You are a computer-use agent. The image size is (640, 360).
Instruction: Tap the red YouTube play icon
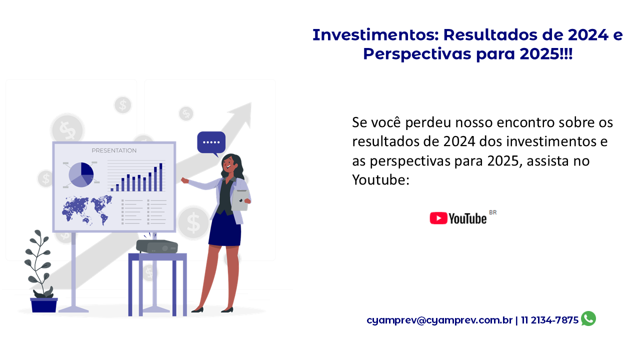[x=438, y=218]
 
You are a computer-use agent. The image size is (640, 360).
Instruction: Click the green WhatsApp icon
[x=588, y=318]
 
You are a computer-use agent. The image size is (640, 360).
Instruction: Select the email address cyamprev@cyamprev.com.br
[x=439, y=320]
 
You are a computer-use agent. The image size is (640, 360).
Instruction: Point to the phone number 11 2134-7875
[x=549, y=320]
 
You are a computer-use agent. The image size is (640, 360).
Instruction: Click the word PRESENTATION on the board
[x=114, y=150]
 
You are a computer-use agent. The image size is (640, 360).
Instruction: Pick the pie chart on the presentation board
[x=81, y=175]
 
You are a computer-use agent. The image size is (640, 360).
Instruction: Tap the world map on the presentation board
[x=87, y=210]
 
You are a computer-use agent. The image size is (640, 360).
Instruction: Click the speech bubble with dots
[x=211, y=143]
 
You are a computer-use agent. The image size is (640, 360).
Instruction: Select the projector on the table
[x=157, y=246]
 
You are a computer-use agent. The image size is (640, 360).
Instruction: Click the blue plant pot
[x=44, y=305]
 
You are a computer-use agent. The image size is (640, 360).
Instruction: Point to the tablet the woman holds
[x=239, y=200]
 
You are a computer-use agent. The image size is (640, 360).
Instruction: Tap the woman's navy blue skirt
[x=224, y=229]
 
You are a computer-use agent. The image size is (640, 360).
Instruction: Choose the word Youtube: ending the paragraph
[x=381, y=180]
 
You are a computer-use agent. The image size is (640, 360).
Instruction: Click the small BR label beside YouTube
[x=493, y=212]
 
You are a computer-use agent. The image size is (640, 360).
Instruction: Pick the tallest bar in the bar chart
[x=161, y=177]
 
